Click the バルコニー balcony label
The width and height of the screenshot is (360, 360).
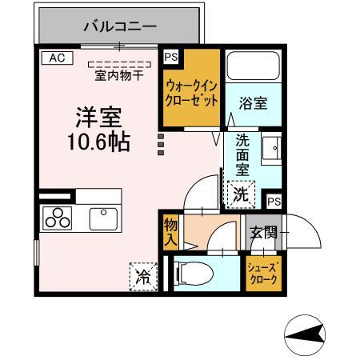click(x=120, y=27)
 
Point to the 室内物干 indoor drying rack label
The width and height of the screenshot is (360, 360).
click(x=119, y=75)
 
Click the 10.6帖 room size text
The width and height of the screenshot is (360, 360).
click(x=99, y=142)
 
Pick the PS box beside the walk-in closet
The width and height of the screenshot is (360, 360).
click(x=170, y=57)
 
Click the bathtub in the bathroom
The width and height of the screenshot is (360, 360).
click(x=254, y=68)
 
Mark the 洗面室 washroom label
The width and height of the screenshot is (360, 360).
click(x=242, y=154)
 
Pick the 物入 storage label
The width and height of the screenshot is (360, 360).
click(x=170, y=230)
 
